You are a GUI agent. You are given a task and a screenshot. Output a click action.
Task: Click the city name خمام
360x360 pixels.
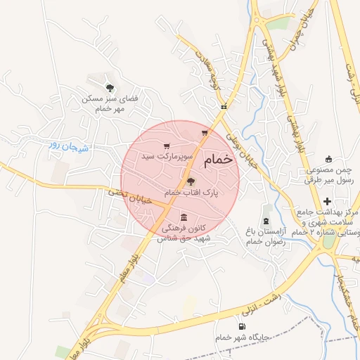tap(218, 161)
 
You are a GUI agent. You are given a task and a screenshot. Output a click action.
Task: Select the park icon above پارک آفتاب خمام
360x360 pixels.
tap(191, 181)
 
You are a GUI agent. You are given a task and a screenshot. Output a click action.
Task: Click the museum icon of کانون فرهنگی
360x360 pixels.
tap(184, 217)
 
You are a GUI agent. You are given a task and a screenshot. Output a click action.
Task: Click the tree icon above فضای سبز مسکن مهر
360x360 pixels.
tap(109, 88)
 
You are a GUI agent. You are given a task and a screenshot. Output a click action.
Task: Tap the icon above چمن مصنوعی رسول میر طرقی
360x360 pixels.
tap(328, 159)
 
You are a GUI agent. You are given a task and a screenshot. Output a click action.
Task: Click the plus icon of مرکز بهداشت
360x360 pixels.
tap(327, 201)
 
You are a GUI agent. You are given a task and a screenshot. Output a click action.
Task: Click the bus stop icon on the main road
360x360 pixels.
tap(224, 107)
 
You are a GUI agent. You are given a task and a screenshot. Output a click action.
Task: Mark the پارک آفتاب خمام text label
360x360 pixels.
tap(191, 193)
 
